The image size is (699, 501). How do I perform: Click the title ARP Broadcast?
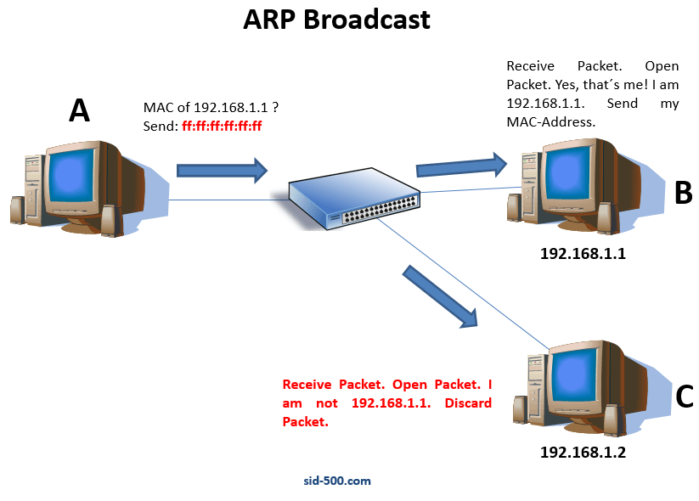point(336,20)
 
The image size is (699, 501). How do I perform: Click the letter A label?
point(79,110)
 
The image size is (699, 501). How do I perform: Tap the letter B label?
point(684,193)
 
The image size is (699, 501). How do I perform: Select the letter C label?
point(685,397)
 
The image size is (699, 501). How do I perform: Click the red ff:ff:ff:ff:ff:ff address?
point(222,126)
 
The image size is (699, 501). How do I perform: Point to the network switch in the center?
point(353,200)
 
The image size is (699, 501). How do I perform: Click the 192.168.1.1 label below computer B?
point(583,253)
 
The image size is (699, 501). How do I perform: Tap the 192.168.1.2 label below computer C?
point(583,453)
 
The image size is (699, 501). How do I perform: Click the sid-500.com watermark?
point(337,481)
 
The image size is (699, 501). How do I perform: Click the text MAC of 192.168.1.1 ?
point(211,109)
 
